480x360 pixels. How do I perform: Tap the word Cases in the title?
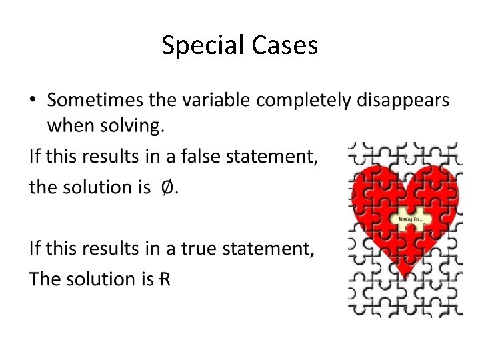285,45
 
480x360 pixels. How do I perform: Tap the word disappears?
403,101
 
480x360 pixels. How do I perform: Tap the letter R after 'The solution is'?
164,279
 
